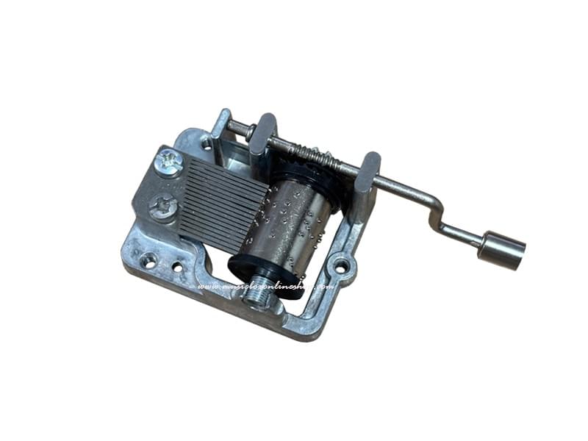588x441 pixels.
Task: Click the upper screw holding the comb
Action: click(x=170, y=162)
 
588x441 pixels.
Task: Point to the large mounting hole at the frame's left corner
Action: click(x=148, y=259)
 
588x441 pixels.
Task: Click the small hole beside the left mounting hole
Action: click(x=177, y=266)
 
